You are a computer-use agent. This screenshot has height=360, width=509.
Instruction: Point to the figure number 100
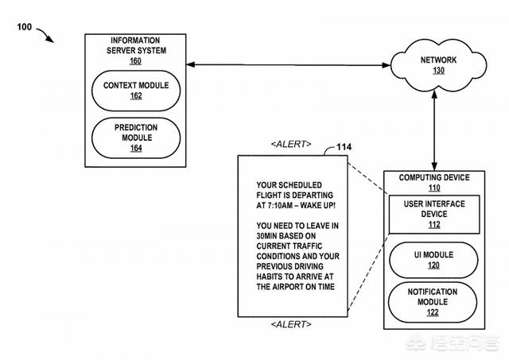click(x=24, y=28)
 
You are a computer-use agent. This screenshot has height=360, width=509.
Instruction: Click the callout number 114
click(x=344, y=146)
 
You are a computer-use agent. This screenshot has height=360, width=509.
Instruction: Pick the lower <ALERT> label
click(x=291, y=324)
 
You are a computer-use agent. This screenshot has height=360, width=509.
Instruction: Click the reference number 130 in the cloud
click(x=438, y=70)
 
